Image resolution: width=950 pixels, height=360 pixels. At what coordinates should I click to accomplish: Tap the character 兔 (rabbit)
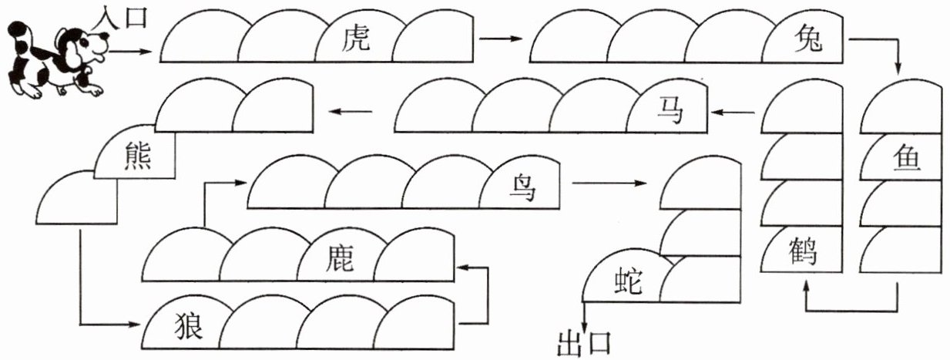(x=808, y=39)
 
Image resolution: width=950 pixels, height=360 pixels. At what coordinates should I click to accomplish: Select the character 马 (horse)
(x=670, y=110)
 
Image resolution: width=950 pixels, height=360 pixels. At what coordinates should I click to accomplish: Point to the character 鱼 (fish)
(x=907, y=158)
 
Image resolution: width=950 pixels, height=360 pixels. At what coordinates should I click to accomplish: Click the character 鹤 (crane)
(x=803, y=251)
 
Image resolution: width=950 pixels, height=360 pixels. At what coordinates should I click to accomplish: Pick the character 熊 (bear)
(x=138, y=156)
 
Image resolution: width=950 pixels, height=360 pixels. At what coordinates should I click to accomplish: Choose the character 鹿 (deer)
(x=339, y=258)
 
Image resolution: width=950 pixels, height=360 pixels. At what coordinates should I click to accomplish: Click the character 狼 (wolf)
(x=188, y=325)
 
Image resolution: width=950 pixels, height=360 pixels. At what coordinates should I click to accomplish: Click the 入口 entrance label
(x=120, y=18)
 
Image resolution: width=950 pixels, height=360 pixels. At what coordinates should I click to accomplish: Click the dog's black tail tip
(x=18, y=29)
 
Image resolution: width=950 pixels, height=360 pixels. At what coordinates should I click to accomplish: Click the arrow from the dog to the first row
(x=129, y=52)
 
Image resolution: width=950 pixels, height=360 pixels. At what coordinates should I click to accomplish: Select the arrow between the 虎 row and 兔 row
(x=501, y=39)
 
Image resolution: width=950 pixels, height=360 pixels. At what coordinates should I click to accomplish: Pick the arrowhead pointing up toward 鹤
(x=807, y=286)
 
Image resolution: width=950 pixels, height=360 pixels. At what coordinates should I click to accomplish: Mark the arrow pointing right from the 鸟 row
(x=609, y=183)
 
